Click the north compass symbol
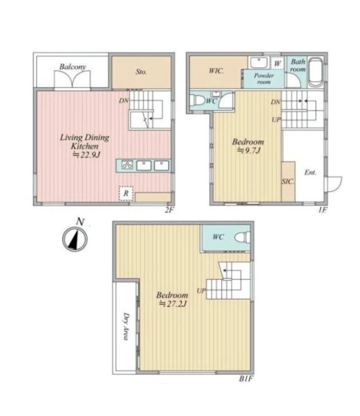(x=75, y=239)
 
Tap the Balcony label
(x=72, y=67)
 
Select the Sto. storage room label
(x=141, y=72)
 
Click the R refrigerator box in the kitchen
(x=126, y=193)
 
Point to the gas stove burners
(x=127, y=165)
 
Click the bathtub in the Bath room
(x=316, y=72)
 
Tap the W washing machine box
(x=277, y=63)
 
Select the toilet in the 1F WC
(x=198, y=101)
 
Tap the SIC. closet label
(x=288, y=182)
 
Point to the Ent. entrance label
(x=310, y=172)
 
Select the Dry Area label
(x=126, y=326)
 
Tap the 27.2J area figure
(x=172, y=304)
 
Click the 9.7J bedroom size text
(x=248, y=151)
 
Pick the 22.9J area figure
(x=86, y=155)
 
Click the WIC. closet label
(x=216, y=71)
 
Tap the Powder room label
(x=263, y=79)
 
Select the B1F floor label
(x=246, y=378)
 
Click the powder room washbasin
(x=259, y=63)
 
